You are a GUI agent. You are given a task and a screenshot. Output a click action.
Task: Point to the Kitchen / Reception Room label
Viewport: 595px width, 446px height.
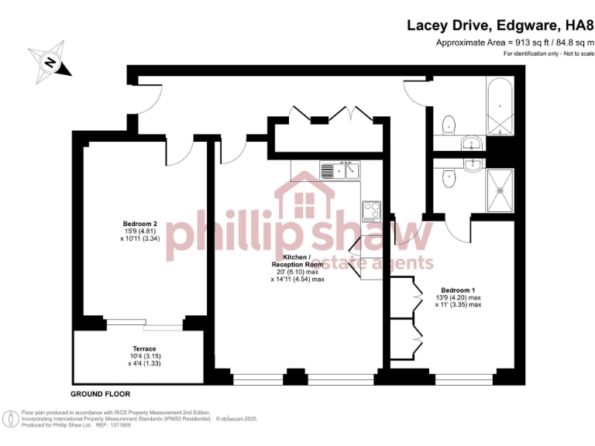coord(297,260)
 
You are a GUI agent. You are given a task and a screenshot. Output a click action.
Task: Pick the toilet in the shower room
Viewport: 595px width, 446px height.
coord(448,178)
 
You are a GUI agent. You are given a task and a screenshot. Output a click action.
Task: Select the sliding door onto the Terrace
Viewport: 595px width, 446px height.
coord(144,322)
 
